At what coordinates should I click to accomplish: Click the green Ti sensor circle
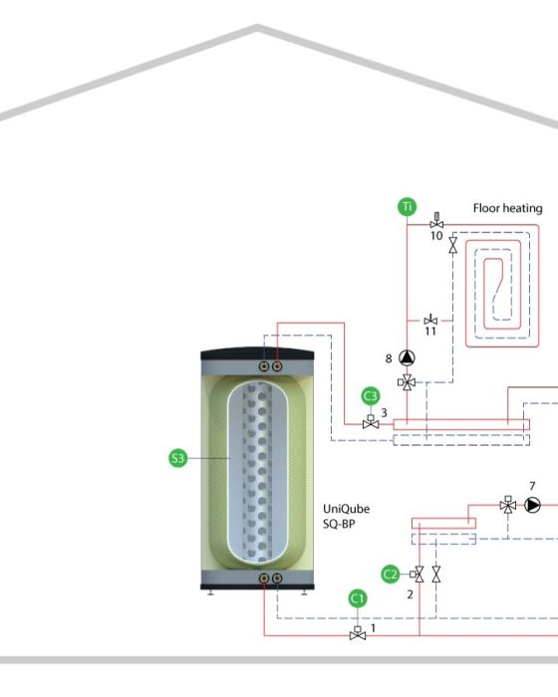pyautogui.click(x=408, y=207)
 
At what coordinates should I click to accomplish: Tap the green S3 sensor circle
pyautogui.click(x=178, y=458)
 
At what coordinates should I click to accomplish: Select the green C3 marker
pyautogui.click(x=371, y=396)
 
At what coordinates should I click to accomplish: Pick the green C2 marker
pyautogui.click(x=391, y=575)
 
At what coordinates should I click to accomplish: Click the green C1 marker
pyautogui.click(x=358, y=598)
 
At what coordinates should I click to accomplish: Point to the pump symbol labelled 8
pyautogui.click(x=407, y=357)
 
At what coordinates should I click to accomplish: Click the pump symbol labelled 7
pyautogui.click(x=532, y=505)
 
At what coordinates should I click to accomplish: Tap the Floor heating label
pyautogui.click(x=508, y=208)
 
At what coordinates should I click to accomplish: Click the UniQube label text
pyautogui.click(x=346, y=509)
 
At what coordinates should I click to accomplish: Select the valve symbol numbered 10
pyautogui.click(x=436, y=221)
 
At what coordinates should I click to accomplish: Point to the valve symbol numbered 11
pyautogui.click(x=430, y=320)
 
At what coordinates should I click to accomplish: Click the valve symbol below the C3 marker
pyautogui.click(x=371, y=422)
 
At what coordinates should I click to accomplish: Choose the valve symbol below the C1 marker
pyautogui.click(x=358, y=633)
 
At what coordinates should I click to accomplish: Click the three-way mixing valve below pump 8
pyautogui.click(x=407, y=381)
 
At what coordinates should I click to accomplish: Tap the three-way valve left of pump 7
pyautogui.click(x=508, y=504)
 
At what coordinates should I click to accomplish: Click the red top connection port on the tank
pyautogui.click(x=277, y=366)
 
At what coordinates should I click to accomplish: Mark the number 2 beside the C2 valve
pyautogui.click(x=410, y=594)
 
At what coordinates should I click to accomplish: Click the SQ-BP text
pyautogui.click(x=339, y=524)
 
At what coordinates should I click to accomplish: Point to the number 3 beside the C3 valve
pyautogui.click(x=384, y=413)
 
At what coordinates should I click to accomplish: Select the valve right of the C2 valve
pyautogui.click(x=436, y=575)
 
